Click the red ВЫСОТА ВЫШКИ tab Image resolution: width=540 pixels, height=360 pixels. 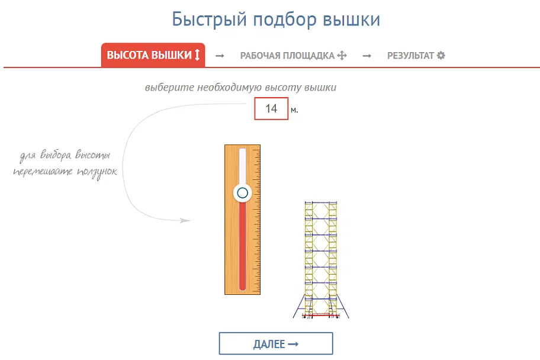153,55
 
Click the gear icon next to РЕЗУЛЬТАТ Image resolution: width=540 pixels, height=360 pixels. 441,56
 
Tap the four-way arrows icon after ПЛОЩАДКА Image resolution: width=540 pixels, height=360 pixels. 342,56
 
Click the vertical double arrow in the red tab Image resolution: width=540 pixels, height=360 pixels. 197,55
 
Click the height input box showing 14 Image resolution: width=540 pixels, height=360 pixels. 271,108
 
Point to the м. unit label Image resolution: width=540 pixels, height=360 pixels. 294,110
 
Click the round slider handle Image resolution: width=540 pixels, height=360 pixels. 242,193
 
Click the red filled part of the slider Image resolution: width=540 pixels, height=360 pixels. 242,246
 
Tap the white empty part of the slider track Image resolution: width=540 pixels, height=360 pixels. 242,166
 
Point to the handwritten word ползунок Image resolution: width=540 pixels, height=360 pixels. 97,172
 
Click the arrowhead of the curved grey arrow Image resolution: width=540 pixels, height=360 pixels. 186,220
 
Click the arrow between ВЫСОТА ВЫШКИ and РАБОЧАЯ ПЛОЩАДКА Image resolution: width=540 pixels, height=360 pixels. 220,56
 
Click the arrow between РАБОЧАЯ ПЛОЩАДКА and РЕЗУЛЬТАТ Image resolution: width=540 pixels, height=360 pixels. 367,56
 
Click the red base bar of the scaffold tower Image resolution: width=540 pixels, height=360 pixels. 321,315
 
